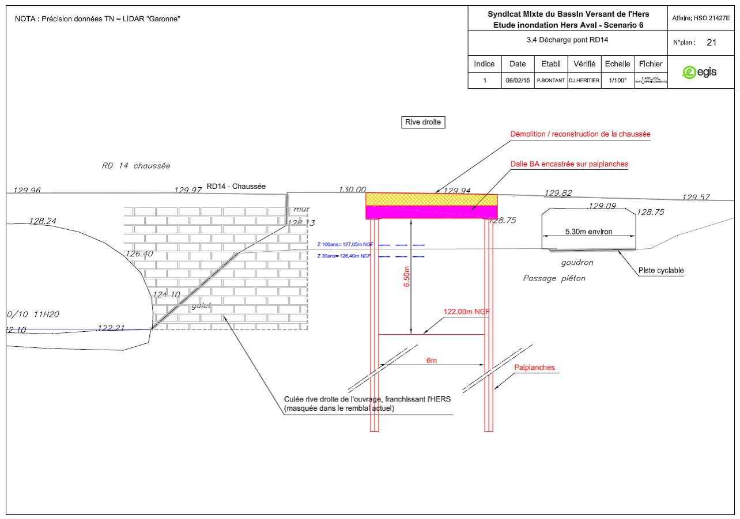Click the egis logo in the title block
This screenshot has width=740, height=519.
(699, 72)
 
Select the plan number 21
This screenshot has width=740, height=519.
(711, 43)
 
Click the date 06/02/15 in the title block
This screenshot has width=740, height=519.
(518, 81)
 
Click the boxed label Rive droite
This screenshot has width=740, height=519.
(423, 122)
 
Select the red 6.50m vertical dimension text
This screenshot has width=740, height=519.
(407, 276)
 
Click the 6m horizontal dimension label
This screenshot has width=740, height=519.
(431, 360)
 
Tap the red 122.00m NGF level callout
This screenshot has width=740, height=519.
(466, 312)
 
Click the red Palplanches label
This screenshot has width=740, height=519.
(534, 367)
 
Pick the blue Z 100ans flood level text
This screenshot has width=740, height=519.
(343, 244)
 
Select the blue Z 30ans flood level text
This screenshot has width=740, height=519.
(343, 255)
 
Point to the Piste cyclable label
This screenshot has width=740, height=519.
(661, 271)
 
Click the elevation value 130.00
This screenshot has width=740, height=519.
(352, 190)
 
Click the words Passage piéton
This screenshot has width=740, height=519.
(554, 278)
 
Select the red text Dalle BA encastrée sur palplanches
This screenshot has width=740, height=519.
(569, 164)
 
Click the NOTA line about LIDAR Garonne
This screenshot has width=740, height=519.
(98, 19)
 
